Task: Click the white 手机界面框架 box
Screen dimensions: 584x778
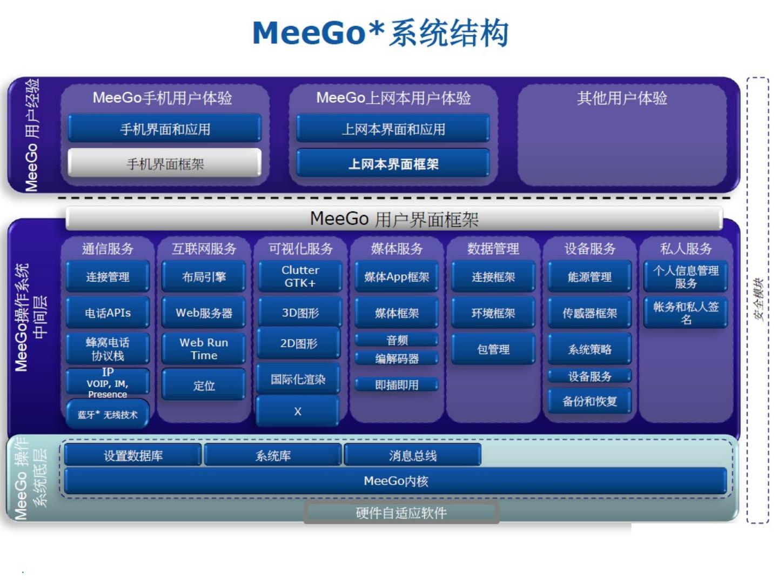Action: click(x=165, y=163)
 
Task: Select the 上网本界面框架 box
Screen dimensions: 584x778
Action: click(x=393, y=163)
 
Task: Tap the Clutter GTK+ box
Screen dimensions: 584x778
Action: click(x=300, y=276)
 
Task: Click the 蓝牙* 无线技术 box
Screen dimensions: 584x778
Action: click(x=108, y=414)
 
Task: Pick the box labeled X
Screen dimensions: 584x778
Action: click(x=298, y=411)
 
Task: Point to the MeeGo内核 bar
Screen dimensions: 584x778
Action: click(x=395, y=481)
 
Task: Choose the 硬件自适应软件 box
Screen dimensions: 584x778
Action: click(x=401, y=513)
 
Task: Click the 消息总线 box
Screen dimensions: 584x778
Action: click(x=412, y=455)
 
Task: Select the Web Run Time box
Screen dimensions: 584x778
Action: click(x=204, y=349)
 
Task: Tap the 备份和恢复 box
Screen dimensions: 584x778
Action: click(x=589, y=401)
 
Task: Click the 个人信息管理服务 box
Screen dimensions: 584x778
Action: click(x=686, y=276)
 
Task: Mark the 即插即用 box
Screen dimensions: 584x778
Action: click(x=397, y=384)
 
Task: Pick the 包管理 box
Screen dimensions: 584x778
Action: click(x=493, y=349)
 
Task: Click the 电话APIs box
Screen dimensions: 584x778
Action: click(x=108, y=313)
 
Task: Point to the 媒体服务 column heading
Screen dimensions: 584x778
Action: click(x=397, y=248)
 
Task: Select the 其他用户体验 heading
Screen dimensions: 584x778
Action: click(x=622, y=98)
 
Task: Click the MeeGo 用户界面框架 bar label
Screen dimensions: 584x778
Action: click(x=394, y=219)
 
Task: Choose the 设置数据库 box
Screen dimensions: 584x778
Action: click(x=133, y=455)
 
